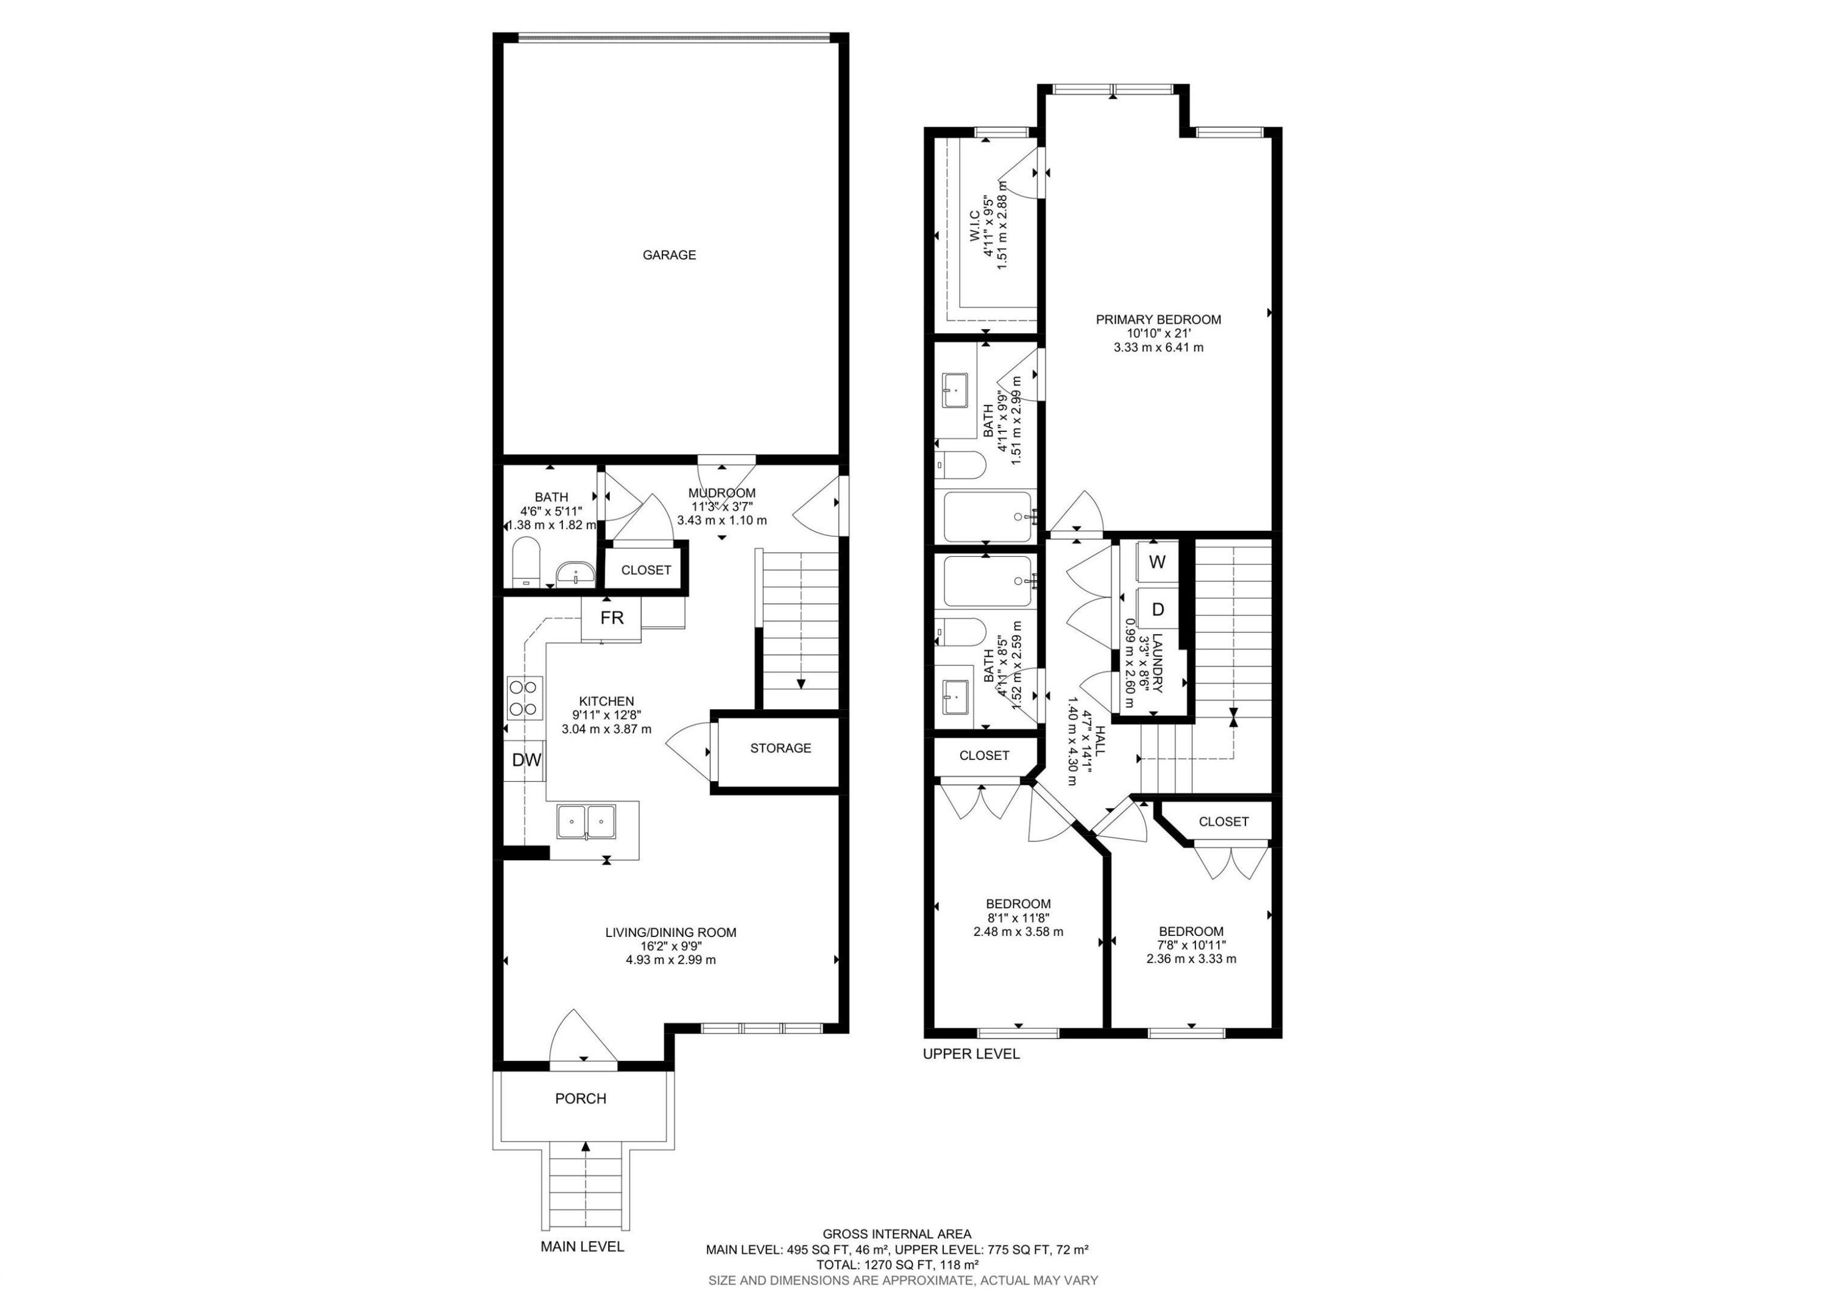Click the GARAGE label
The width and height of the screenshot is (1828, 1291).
click(669, 255)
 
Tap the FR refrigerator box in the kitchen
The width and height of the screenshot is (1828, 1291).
click(611, 618)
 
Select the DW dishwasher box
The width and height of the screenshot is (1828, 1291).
click(525, 760)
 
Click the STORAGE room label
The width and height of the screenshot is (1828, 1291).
click(780, 748)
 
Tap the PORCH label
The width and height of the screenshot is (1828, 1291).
click(581, 1098)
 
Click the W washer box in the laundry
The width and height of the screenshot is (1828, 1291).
click(1158, 562)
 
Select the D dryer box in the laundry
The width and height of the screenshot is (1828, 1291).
click(1158, 610)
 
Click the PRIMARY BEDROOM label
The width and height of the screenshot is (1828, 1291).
click(1158, 320)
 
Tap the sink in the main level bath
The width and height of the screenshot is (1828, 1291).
click(574, 573)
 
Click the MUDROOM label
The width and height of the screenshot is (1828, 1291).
click(721, 493)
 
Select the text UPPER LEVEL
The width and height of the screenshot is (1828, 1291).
click(971, 1054)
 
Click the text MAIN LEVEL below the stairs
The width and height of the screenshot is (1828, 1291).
click(582, 1247)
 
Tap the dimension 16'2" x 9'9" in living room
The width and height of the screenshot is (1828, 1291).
click(670, 946)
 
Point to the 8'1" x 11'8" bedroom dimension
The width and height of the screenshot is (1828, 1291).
click(1018, 918)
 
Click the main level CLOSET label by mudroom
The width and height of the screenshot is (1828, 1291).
click(646, 570)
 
